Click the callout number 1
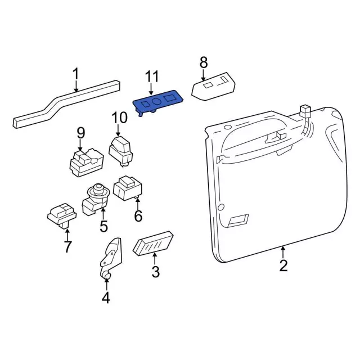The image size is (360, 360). [75, 74]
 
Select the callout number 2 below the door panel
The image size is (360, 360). [283, 265]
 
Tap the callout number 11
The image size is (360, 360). [152, 76]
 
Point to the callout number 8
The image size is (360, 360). [204, 62]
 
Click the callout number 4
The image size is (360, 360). [106, 298]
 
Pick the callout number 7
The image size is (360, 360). [67, 246]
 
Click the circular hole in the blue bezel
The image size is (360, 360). [157, 101]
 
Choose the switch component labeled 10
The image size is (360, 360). [120, 151]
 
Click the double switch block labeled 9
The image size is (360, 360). [87, 162]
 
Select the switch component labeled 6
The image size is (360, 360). [128, 188]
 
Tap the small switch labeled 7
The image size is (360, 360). [62, 215]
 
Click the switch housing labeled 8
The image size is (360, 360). [213, 87]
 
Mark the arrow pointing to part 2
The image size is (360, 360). [283, 252]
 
